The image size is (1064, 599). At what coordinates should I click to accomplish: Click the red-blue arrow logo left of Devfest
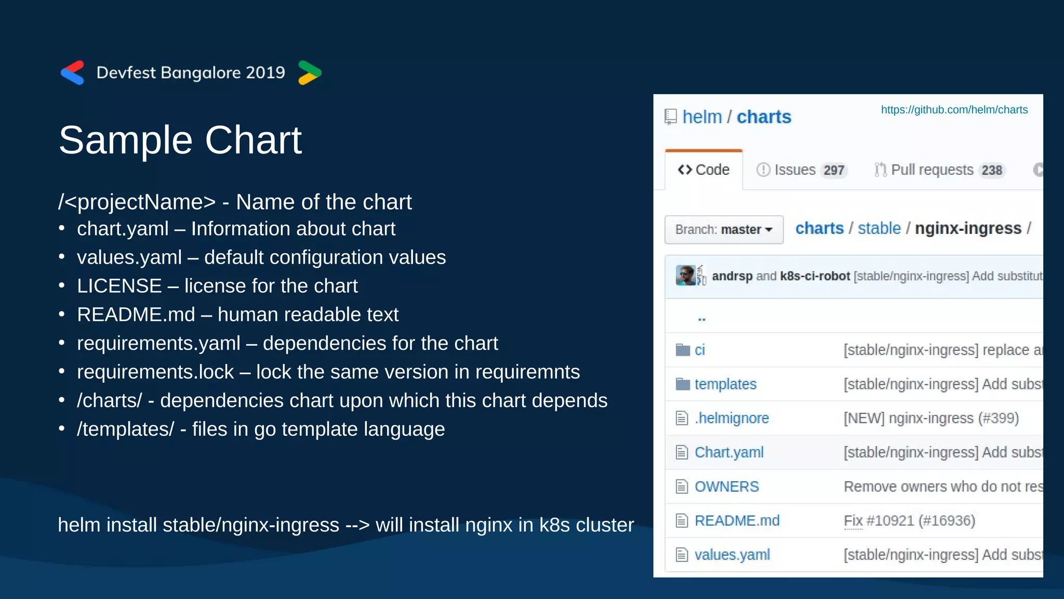(x=72, y=73)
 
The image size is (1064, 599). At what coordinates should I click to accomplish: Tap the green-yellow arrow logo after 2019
(x=310, y=73)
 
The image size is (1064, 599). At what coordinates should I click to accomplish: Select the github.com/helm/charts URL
(x=954, y=110)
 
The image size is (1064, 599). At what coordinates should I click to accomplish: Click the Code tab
(x=704, y=170)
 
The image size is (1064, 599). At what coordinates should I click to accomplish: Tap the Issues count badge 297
(x=833, y=171)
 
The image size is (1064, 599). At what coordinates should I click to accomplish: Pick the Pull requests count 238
(x=991, y=171)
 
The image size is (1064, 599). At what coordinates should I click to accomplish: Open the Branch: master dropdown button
(x=724, y=230)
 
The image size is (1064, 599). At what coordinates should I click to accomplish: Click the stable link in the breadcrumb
(x=879, y=228)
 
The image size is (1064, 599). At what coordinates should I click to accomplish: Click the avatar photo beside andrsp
(x=685, y=276)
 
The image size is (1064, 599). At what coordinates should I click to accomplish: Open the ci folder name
(x=700, y=350)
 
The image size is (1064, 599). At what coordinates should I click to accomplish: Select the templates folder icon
(x=682, y=384)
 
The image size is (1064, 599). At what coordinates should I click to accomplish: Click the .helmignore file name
(x=731, y=418)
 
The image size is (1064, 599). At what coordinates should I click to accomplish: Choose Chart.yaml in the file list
(x=729, y=452)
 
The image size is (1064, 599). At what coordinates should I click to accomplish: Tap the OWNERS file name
(x=726, y=487)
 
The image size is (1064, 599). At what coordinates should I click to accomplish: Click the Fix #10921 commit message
(x=909, y=520)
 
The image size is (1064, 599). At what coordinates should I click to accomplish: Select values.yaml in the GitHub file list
(x=732, y=555)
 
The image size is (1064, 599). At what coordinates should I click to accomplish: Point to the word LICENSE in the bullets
(x=119, y=286)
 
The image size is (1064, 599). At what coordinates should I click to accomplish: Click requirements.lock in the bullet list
(x=155, y=372)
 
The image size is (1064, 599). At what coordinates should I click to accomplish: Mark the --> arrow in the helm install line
(x=357, y=525)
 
